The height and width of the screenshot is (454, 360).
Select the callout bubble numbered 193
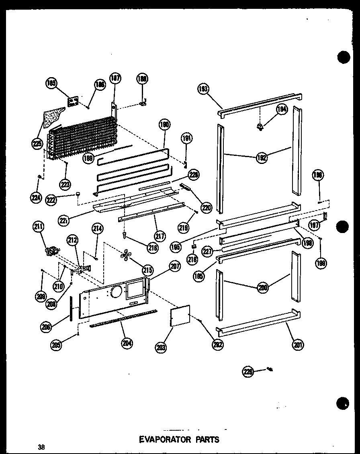tap(204, 89)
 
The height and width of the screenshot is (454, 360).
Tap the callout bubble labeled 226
tap(248, 372)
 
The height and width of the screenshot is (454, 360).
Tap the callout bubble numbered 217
tap(160, 237)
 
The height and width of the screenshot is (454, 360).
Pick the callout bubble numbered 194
tap(281, 109)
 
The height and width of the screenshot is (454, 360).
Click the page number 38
tap(41, 446)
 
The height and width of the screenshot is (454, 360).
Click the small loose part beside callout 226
tap(270, 369)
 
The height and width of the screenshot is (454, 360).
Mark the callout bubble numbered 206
tap(46, 327)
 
